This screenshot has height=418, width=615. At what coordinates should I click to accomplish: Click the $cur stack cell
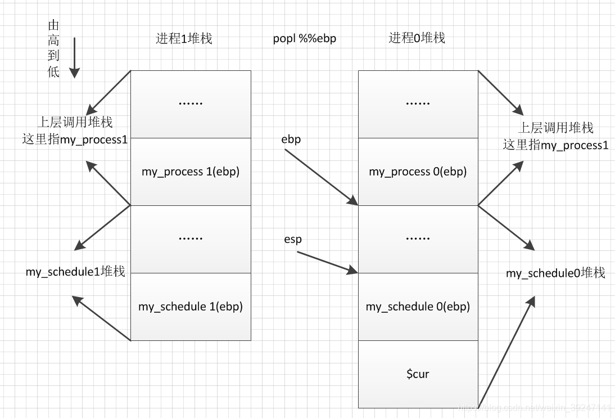click(x=418, y=374)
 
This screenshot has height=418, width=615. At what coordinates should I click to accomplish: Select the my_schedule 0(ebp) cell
click(x=418, y=307)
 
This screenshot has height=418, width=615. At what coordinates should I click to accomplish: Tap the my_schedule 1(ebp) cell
click(x=191, y=307)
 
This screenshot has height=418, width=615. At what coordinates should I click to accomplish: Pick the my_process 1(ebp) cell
click(x=191, y=172)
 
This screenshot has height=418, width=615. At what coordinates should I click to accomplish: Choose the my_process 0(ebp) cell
click(x=418, y=172)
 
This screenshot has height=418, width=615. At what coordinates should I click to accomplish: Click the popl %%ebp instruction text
click(x=305, y=39)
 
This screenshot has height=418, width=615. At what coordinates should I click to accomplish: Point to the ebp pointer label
click(x=291, y=140)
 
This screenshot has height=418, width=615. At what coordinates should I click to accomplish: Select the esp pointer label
click(x=293, y=240)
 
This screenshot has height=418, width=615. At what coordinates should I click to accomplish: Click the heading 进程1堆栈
click(x=184, y=39)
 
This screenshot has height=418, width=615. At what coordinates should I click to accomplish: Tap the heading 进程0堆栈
click(x=417, y=38)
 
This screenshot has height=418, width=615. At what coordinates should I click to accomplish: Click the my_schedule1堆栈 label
click(x=75, y=272)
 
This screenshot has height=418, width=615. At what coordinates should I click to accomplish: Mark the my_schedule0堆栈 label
click(x=555, y=273)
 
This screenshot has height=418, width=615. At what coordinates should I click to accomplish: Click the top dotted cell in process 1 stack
click(x=191, y=104)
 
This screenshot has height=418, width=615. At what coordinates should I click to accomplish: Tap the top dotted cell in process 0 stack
click(x=418, y=104)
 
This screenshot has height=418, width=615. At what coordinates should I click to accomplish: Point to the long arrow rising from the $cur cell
click(x=506, y=352)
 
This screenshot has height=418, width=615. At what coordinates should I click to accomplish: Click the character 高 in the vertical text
click(x=54, y=41)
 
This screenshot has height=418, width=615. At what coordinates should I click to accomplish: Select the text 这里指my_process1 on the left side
click(x=75, y=140)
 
